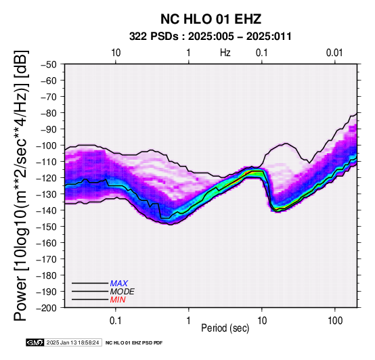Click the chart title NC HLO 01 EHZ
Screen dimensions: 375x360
[211, 19]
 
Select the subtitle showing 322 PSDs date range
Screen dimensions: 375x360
[211, 37]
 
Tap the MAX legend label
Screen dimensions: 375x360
[119, 284]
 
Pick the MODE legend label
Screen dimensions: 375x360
[123, 292]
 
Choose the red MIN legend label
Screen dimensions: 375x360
[118, 300]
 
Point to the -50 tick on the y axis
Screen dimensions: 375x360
[49, 64]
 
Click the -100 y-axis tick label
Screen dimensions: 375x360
[47, 145]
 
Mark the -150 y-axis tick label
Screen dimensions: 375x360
[47, 227]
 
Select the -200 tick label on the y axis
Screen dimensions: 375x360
[47, 308]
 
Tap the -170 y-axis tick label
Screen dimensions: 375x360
[47, 259]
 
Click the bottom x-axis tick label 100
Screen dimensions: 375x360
[335, 321]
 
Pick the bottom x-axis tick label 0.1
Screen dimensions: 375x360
[116, 321]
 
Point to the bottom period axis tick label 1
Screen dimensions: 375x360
[189, 321]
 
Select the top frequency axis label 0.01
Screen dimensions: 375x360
[334, 53]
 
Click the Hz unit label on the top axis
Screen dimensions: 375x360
[225, 53]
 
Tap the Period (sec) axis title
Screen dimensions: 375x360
[225, 328]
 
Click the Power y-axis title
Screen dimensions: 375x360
[20, 185]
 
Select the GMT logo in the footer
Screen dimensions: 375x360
[35, 342]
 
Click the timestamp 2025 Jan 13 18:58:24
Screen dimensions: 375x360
[72, 342]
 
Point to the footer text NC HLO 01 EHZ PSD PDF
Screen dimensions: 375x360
[134, 343]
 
